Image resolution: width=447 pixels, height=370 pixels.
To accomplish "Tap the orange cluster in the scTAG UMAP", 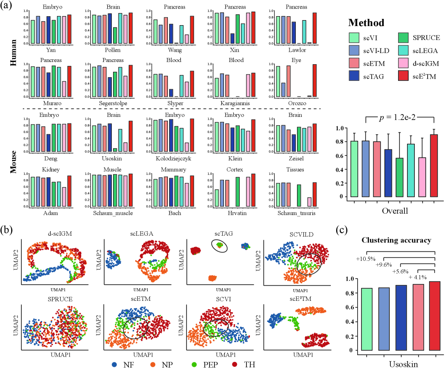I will [x=211, y=278].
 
